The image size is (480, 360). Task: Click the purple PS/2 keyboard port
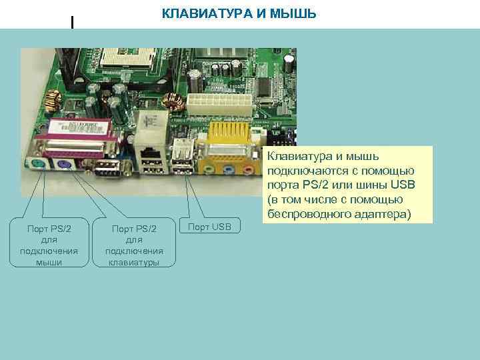tap(64, 165)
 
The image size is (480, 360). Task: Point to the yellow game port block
tap(230, 137)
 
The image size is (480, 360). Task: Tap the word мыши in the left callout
tap(50, 262)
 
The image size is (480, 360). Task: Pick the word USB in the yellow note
tap(402, 185)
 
